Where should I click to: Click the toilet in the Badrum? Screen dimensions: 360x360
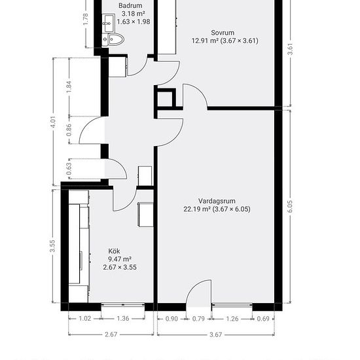tap(113, 40)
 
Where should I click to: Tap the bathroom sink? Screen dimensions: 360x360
tap(109, 23)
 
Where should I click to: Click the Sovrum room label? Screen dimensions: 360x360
tap(223, 33)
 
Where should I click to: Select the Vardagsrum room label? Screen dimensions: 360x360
tap(217, 201)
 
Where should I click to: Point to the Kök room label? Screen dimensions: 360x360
tap(114, 251)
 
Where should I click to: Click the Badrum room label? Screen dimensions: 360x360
tap(130, 5)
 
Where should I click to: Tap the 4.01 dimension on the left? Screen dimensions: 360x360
tap(53, 122)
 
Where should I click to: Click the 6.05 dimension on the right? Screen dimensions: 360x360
tap(290, 206)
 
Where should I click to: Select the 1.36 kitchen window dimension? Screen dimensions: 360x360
tap(123, 319)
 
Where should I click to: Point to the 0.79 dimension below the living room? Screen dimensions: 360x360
tap(198, 319)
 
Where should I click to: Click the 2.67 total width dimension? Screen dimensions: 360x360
tap(111, 334)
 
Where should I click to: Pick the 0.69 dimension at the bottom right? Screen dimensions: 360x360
tap(263, 319)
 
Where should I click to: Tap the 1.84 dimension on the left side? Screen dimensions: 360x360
tap(69, 87)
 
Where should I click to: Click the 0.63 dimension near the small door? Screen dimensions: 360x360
tap(69, 169)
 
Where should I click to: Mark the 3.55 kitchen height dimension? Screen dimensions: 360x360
tap(52, 246)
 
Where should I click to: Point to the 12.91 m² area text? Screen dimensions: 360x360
tap(205, 41)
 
